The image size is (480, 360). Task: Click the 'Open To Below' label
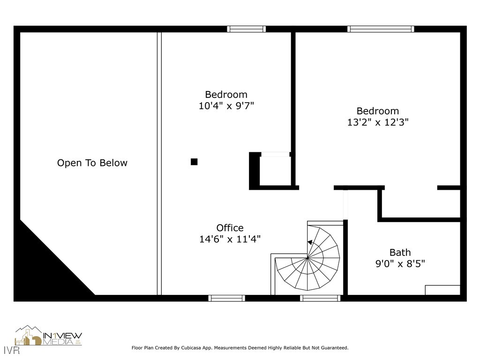92,163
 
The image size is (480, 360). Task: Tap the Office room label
230,228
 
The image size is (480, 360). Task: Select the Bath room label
400,253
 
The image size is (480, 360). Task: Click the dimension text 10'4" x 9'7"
226,106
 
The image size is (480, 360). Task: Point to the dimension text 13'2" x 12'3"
378,122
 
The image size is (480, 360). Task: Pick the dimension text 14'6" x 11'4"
230,239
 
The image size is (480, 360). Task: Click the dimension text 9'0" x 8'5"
400,263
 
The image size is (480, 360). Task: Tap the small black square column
194,162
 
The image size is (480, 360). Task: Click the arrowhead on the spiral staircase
310,242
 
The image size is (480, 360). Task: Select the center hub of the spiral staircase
307,258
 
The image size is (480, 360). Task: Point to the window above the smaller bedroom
247,29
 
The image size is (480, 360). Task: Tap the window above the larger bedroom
381,29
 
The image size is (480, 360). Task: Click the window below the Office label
227,298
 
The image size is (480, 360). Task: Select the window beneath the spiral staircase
320,298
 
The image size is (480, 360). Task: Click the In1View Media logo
48,336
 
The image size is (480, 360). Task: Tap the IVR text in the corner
12,350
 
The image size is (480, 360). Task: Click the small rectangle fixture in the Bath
442,290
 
